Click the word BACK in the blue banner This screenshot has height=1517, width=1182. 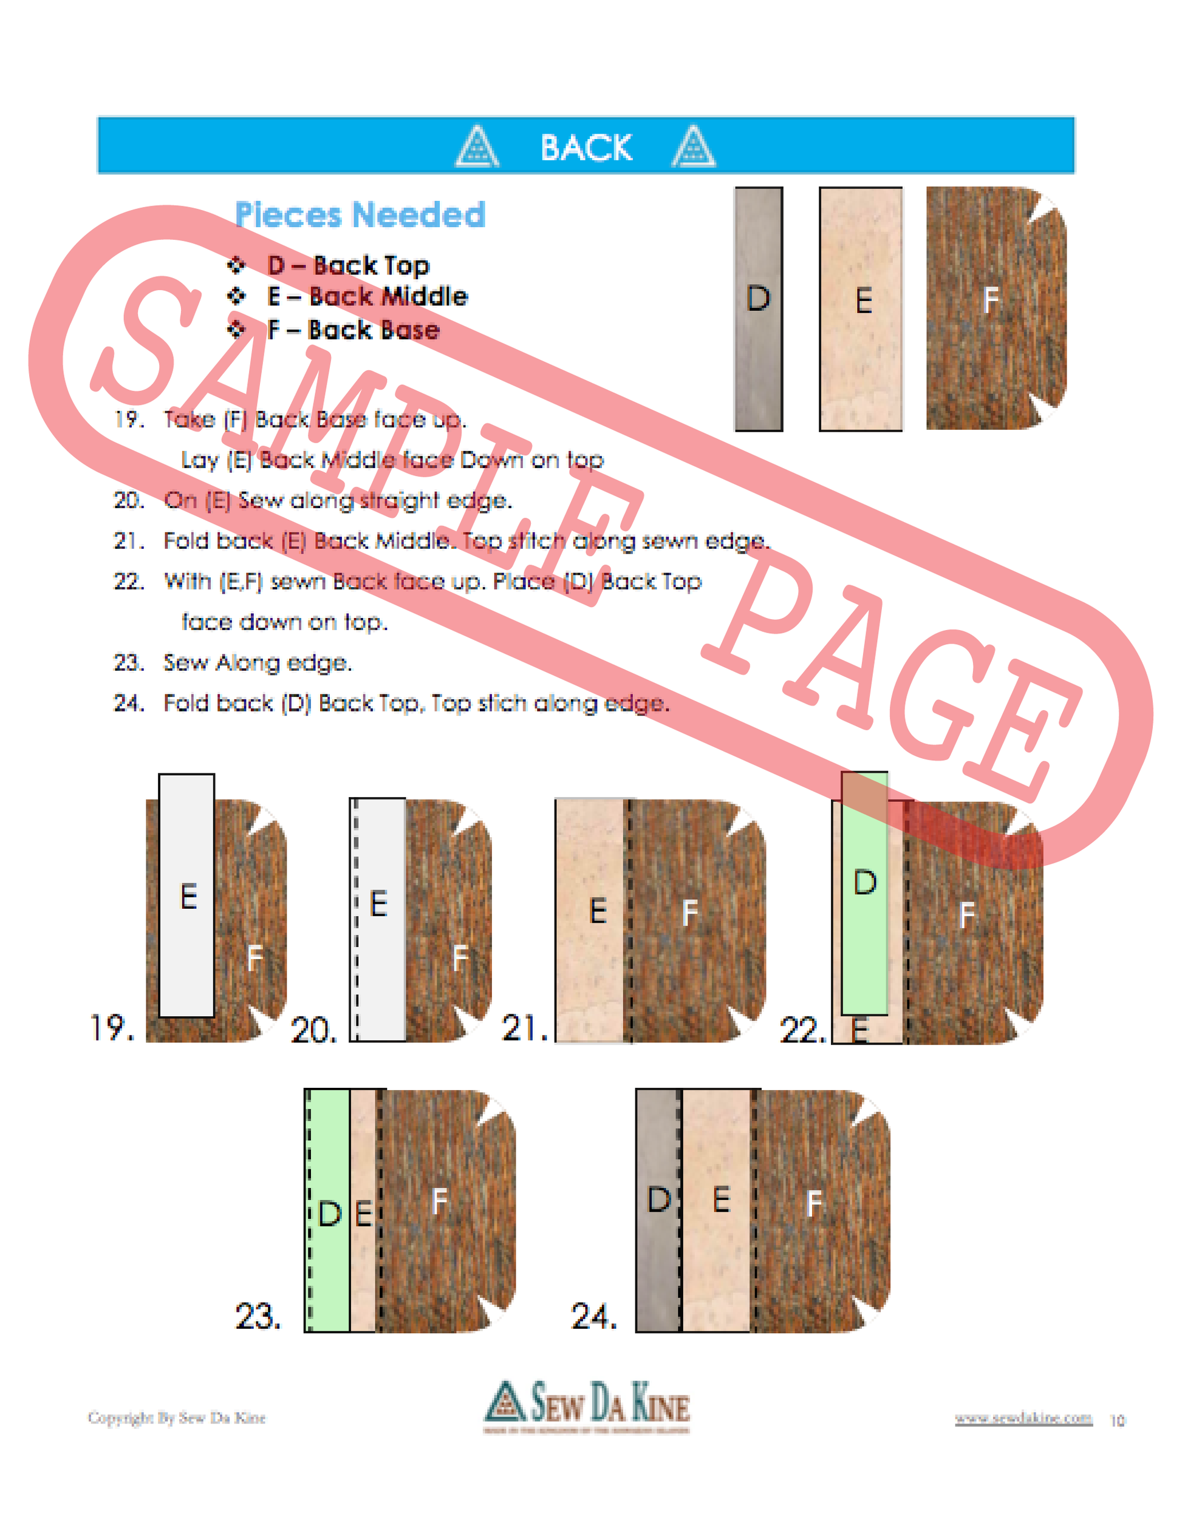[586, 148]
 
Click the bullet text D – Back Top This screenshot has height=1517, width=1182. [348, 265]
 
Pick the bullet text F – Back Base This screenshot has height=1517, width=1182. [353, 330]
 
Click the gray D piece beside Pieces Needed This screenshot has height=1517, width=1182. [758, 309]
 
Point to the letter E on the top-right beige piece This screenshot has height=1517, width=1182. [864, 300]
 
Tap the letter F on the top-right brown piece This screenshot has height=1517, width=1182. [991, 300]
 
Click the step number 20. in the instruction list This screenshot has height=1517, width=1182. [129, 500]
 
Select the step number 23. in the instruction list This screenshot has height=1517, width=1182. [129, 663]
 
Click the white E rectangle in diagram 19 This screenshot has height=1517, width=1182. [187, 896]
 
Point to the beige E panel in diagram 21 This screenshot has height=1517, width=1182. [592, 920]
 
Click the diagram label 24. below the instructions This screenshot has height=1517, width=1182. [593, 1316]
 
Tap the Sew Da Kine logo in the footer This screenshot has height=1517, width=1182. [587, 1405]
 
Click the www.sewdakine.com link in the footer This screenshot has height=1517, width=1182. [1023, 1417]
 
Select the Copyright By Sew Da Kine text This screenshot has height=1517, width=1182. [177, 1417]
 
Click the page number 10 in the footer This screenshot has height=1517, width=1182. [1118, 1420]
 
